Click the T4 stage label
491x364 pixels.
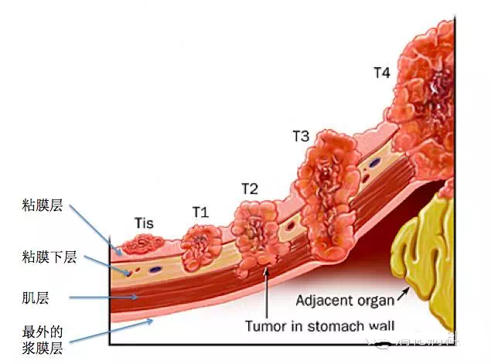[382, 73]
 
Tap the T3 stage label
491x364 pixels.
[301, 136]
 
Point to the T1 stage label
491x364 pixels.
[200, 211]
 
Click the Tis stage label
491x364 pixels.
[144, 223]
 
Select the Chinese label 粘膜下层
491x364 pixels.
[49, 257]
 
